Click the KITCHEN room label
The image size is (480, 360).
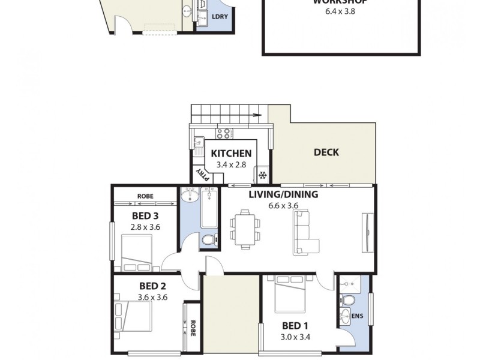tap(231, 154)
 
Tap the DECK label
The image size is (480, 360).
tap(326, 152)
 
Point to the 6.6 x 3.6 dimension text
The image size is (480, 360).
tap(284, 205)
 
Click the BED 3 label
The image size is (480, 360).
tap(145, 216)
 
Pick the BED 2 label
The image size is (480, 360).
tap(144, 286)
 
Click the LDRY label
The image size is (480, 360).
tap(220, 17)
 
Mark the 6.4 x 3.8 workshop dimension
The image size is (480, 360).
tap(340, 11)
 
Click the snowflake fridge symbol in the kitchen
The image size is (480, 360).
tap(262, 176)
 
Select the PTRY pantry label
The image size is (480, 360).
tap(203, 174)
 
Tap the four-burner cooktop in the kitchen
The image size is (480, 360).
tap(223, 133)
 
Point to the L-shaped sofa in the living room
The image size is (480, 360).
tap(306, 233)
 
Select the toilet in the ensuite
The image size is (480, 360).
tap(347, 300)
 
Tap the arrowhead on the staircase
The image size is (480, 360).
tap(260, 115)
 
